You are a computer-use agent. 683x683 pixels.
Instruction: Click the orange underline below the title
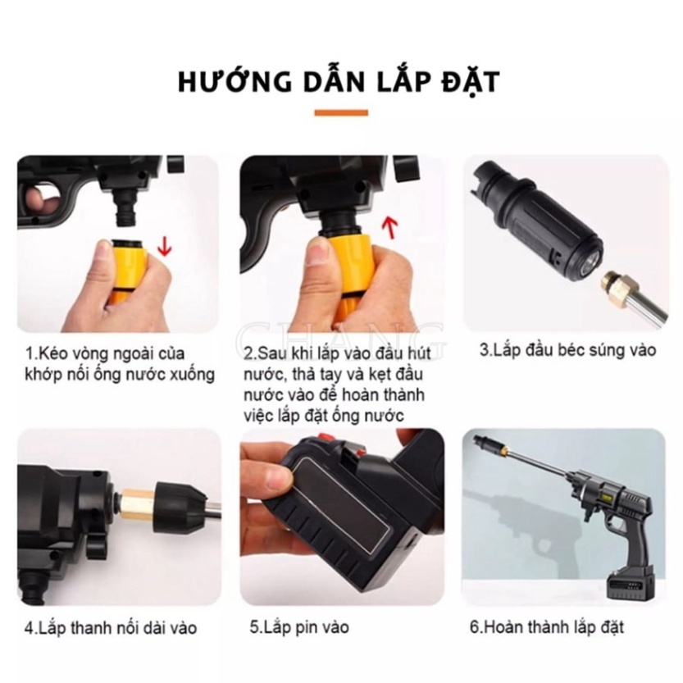coord(341,113)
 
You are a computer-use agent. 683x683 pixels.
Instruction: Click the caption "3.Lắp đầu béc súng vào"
coord(567,350)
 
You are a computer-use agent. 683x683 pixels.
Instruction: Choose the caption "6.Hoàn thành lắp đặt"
coord(547,627)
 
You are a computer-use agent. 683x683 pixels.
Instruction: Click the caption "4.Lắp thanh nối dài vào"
coord(111,628)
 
